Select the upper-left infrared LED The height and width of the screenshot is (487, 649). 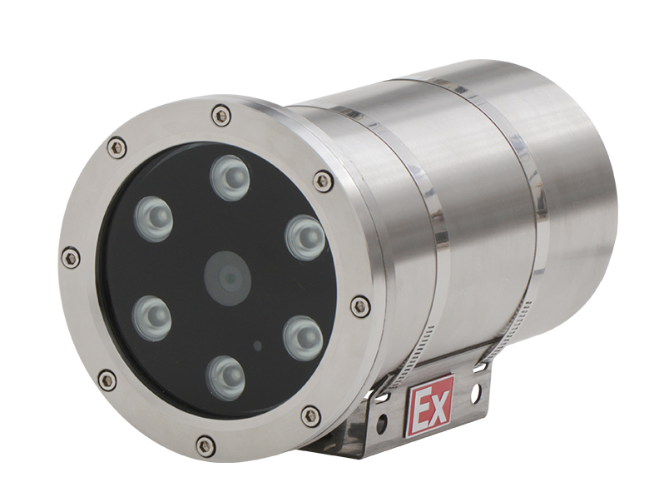pos(153,218)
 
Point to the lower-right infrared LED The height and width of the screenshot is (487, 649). pos(305,335)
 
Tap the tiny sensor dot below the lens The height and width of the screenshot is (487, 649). pos(258,345)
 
